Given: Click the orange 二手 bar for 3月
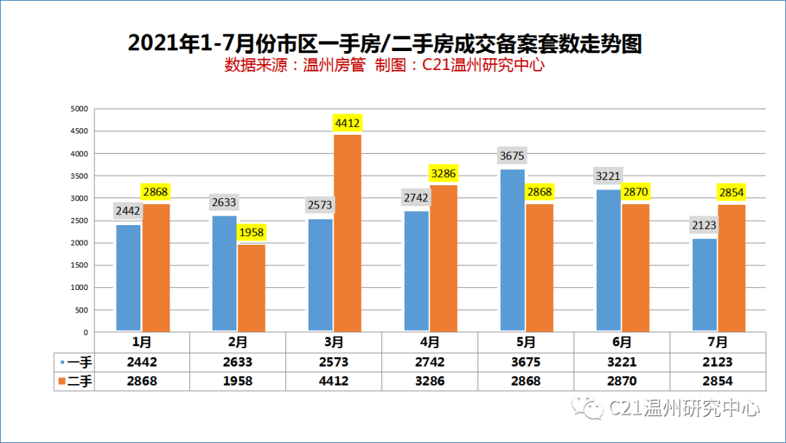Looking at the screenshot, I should click(348, 233).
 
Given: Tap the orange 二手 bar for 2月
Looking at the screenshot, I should click(251, 289).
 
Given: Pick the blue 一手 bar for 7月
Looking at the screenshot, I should click(704, 286).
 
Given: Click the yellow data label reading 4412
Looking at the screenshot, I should click(348, 122).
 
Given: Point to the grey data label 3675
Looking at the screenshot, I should click(512, 156).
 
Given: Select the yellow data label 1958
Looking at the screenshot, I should click(251, 233).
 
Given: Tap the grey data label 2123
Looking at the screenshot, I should click(704, 226).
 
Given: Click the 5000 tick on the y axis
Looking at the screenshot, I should click(79, 109).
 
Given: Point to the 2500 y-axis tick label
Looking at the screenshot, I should click(79, 221).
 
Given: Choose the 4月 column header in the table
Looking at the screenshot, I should click(429, 342).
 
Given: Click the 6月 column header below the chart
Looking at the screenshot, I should click(622, 342).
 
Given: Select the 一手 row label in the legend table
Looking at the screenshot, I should click(74, 361).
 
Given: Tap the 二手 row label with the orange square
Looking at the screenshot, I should click(74, 380).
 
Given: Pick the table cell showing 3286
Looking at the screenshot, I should click(429, 380).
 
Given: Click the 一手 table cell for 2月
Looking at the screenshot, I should click(237, 361).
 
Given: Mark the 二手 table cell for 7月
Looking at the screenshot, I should click(718, 380).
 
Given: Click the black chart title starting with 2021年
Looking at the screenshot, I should click(385, 43).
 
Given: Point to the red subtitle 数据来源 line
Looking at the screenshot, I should click(385, 66).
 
